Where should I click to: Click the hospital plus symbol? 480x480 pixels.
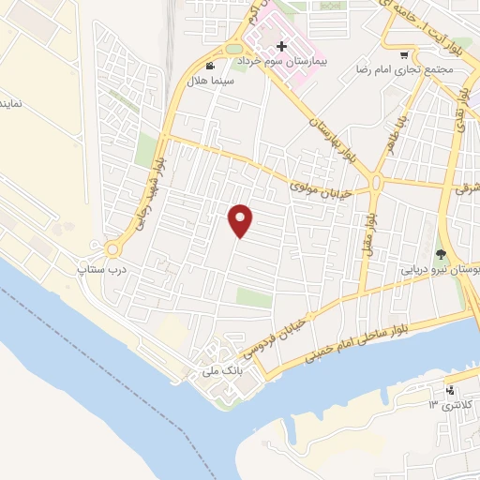pyautogui.click(x=281, y=46)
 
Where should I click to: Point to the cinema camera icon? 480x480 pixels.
pyautogui.click(x=210, y=67)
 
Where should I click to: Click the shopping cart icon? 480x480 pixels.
pyautogui.click(x=404, y=55)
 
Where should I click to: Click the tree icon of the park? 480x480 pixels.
pyautogui.click(x=441, y=253)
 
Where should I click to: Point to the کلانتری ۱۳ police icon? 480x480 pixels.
pyautogui.click(x=452, y=389)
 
